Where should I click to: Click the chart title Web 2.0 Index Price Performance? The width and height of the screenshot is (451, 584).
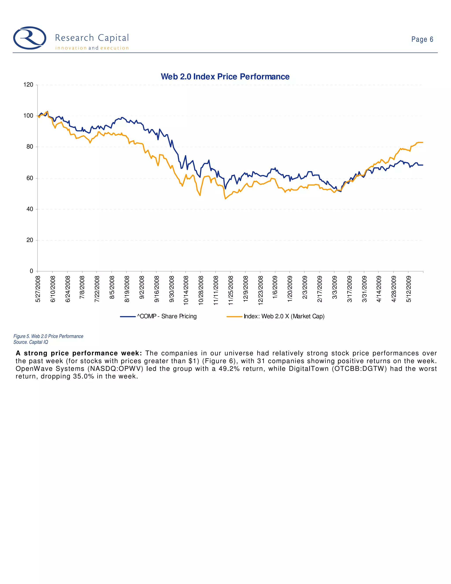click(x=225, y=77)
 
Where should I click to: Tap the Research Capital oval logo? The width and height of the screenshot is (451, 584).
click(x=30, y=38)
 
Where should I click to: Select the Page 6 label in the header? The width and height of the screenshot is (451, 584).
click(x=422, y=40)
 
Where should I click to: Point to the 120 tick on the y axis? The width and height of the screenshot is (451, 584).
click(x=28, y=85)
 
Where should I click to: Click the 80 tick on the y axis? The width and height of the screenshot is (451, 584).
click(x=30, y=147)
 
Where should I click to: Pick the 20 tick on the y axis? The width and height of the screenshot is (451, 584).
click(x=30, y=240)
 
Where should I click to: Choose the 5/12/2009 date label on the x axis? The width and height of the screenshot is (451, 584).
click(x=408, y=289)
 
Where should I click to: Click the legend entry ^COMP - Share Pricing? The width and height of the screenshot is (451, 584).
click(x=167, y=316)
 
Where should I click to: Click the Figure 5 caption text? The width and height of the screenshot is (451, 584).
click(x=48, y=336)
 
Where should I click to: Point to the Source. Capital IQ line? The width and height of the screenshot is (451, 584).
click(x=31, y=342)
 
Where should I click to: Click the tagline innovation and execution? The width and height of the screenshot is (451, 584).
click(x=92, y=48)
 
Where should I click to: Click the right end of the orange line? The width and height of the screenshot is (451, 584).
click(x=422, y=143)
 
